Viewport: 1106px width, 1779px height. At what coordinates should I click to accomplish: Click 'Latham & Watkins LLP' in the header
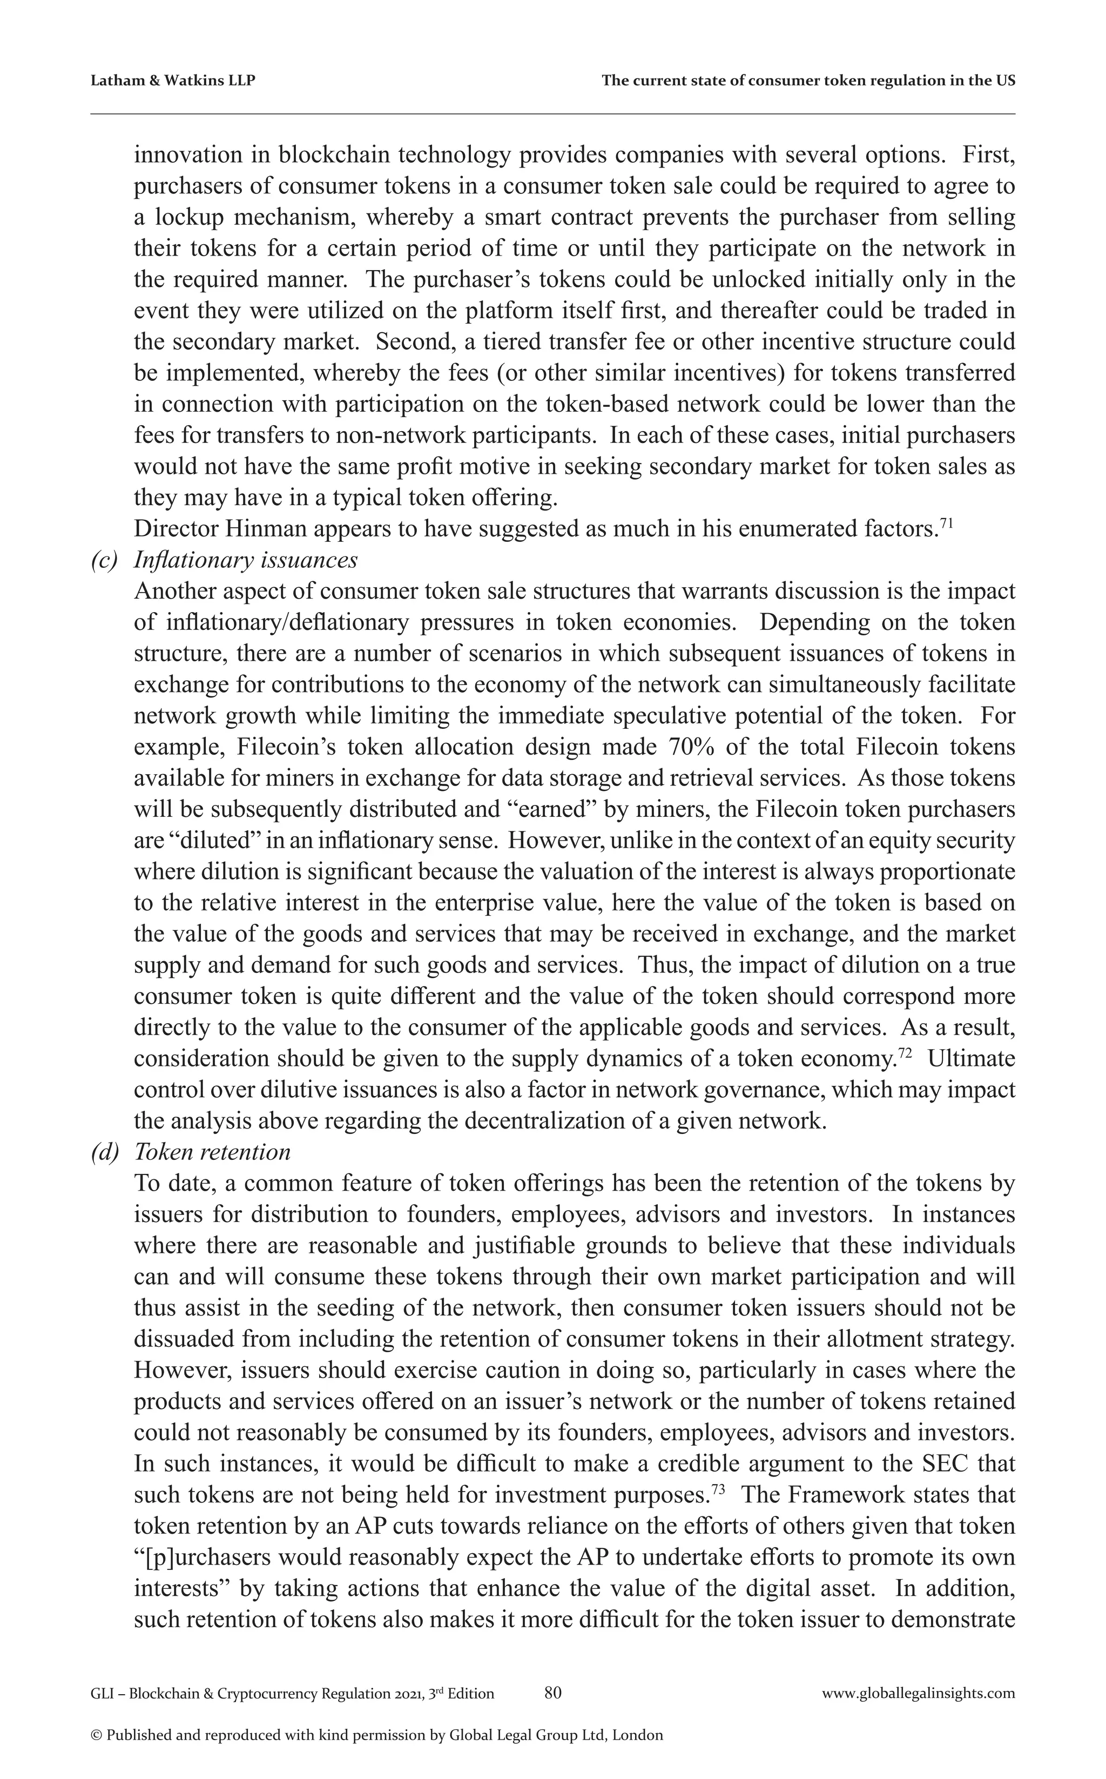click(173, 81)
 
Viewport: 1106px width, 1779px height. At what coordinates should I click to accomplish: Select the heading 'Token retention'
click(212, 1152)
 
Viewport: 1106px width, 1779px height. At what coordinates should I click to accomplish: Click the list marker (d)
click(104, 1152)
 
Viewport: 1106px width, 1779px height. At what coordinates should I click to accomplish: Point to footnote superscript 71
click(945, 522)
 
